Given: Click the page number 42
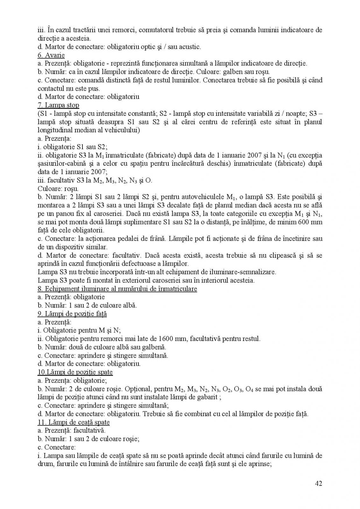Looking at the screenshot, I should point(319,484).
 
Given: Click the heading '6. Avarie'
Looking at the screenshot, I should point(51,55).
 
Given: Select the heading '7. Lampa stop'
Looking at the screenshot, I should point(58,105).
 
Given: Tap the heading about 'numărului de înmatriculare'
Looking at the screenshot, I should point(117,289).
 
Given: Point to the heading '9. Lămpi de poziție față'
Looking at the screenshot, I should point(72,314).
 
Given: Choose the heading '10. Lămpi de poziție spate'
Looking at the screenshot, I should point(75,372).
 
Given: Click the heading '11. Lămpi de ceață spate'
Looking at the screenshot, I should point(74,422).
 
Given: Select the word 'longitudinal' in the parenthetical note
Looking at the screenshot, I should point(56,130).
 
